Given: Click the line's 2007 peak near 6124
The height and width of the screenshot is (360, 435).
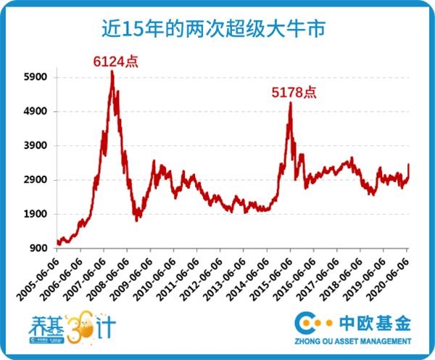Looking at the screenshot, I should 112,71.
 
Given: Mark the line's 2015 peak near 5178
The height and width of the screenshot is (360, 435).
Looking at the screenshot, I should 290,103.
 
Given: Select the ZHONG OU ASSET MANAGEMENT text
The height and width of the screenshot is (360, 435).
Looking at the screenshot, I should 353,340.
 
